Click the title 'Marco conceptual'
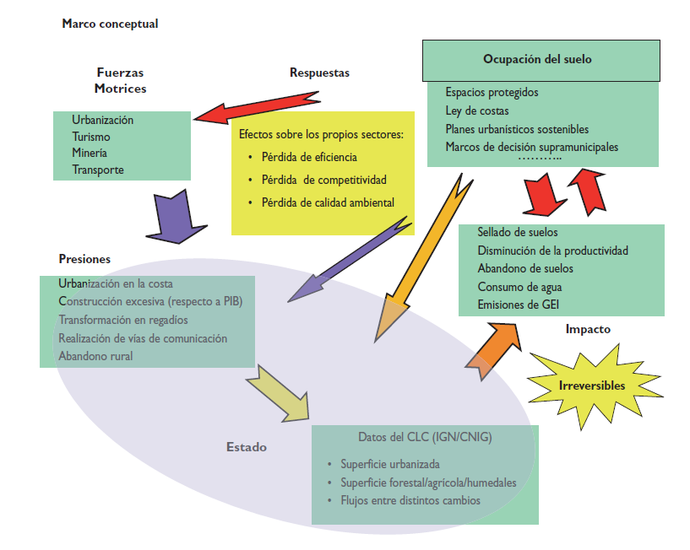[x=110, y=24]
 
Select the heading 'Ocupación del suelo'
[x=537, y=59]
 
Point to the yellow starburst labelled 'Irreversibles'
[x=591, y=386]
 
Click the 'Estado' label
[x=247, y=447]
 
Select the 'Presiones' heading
[x=84, y=259]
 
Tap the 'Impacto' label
[x=588, y=330]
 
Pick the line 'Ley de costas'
[x=477, y=111]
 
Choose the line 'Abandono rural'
[x=95, y=355]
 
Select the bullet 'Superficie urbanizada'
[x=390, y=464]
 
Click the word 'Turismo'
[x=91, y=137]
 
